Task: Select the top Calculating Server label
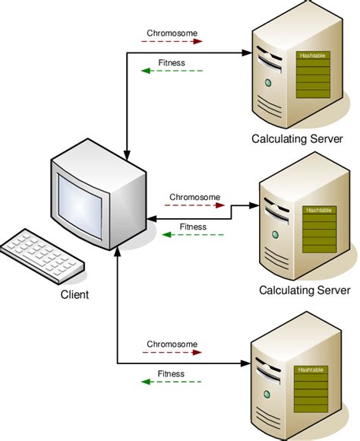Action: pyautogui.click(x=298, y=139)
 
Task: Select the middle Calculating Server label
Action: pyautogui.click(x=304, y=290)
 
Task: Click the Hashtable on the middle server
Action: pyautogui.click(x=320, y=227)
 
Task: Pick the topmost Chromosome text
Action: pyautogui.click(x=172, y=33)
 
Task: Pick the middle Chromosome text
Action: pyautogui.click(x=194, y=197)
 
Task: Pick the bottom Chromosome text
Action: pyautogui.click(x=172, y=344)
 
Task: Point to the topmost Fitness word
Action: pyautogui.click(x=171, y=62)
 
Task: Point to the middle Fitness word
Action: pyautogui.click(x=193, y=227)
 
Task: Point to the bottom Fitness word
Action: pyautogui.click(x=171, y=373)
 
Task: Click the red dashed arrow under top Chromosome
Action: pyautogui.click(x=172, y=43)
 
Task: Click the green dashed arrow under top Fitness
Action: pyautogui.click(x=172, y=71)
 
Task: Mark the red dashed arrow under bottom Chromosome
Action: pyautogui.click(x=172, y=353)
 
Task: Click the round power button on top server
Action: pyautogui.click(x=267, y=82)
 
